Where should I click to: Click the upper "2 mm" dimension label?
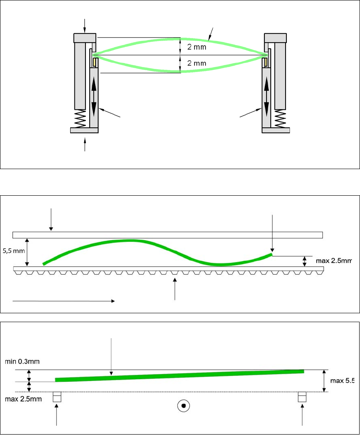pyautogui.click(x=197, y=47)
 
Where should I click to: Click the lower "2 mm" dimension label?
pyautogui.click(x=197, y=63)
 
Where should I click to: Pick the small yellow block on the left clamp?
pyautogui.click(x=95, y=63)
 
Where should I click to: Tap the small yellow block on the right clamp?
pyautogui.click(x=265, y=63)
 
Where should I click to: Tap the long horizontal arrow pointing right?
pyautogui.click(x=63, y=301)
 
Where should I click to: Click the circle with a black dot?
pyautogui.click(x=183, y=406)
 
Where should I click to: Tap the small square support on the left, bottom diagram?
pyautogui.click(x=57, y=397)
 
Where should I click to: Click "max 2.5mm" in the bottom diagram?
pyautogui.click(x=23, y=399)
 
